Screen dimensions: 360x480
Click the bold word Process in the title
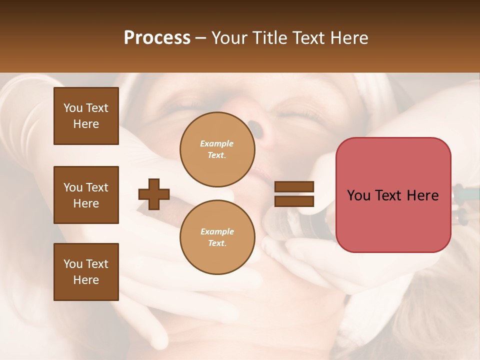157,38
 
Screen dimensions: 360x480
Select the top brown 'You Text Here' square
86,116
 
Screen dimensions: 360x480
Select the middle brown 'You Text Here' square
86,195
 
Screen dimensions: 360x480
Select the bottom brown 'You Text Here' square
86,272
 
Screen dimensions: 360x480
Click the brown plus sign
154,194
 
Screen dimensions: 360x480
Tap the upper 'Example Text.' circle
217,149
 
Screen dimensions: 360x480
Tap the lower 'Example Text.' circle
217,237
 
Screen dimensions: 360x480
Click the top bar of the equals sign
294,187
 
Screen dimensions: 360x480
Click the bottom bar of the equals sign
294,201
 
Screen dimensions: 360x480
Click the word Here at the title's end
349,38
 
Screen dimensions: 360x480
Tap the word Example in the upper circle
217,143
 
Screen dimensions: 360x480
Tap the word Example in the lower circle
217,231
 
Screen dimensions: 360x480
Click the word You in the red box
359,195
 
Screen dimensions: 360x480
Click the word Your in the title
230,38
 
